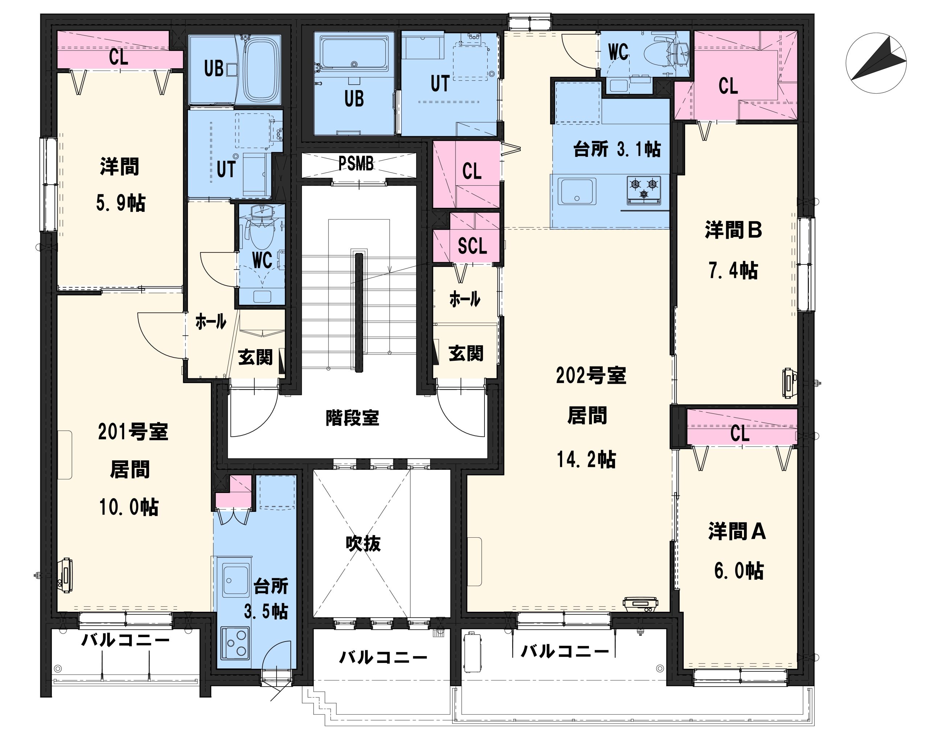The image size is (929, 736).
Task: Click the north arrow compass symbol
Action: click(876, 63)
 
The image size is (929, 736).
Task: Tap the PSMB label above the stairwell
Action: click(356, 164)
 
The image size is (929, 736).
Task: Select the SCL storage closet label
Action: click(472, 246)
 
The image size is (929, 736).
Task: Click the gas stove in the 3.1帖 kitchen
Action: click(643, 190)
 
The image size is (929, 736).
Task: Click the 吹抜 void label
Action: click(363, 544)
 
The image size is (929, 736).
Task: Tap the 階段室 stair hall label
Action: click(352, 417)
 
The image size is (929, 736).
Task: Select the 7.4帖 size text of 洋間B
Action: click(733, 271)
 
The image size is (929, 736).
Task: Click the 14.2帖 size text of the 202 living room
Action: click(586, 459)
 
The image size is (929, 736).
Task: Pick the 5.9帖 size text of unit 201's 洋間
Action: click(120, 203)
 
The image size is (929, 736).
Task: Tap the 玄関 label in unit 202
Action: click(466, 353)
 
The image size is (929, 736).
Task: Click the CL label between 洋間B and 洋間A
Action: click(740, 433)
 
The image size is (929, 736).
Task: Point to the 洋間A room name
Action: click(737, 531)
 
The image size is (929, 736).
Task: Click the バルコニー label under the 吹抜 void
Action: click(383, 658)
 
